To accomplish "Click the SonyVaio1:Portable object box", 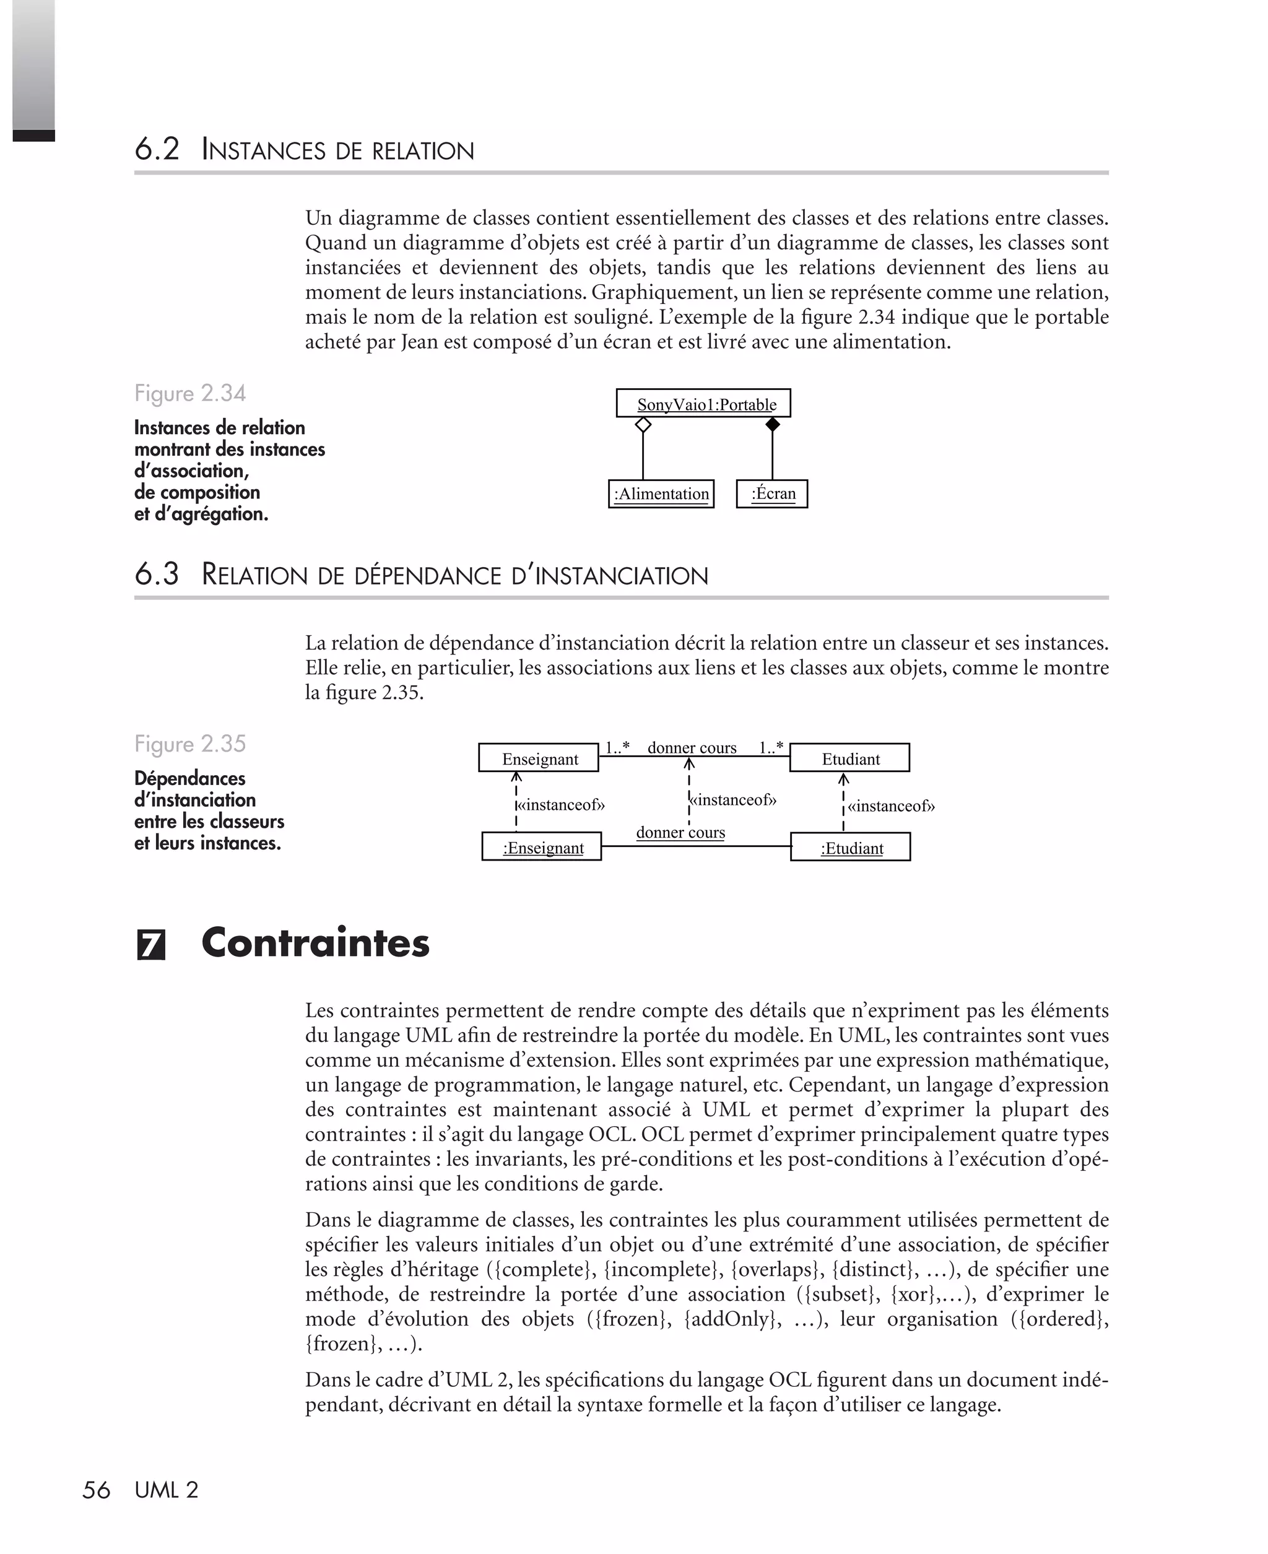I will tap(703, 403).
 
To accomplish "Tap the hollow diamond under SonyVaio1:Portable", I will tap(643, 425).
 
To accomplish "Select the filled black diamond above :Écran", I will tap(772, 425).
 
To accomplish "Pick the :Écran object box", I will tap(771, 493).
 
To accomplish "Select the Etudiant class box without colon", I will tap(849, 758).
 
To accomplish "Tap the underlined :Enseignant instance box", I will tap(541, 847).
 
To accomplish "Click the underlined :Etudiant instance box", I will tap(850, 847).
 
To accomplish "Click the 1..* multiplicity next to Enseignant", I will tap(617, 748).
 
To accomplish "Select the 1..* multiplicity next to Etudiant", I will tap(771, 748).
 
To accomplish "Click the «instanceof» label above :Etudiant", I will tap(890, 806).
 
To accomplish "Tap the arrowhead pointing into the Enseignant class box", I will tap(516, 778).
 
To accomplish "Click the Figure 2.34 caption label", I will tap(190, 394).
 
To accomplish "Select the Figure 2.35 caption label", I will tap(190, 744).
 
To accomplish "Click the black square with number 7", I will tap(151, 945).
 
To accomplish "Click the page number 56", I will tap(96, 1490).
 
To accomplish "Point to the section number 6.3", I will tap(156, 575).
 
